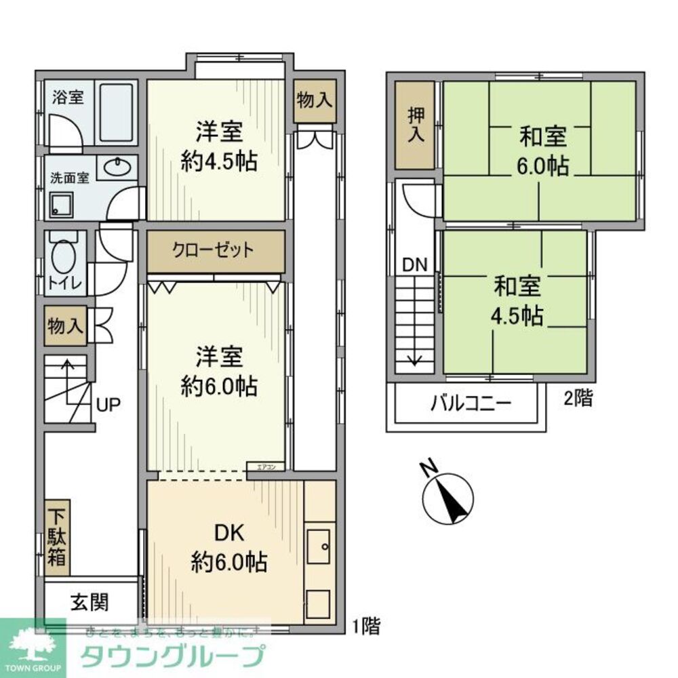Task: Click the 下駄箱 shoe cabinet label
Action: tap(57, 539)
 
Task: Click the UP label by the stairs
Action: tap(108, 405)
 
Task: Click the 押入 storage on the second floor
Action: tap(414, 125)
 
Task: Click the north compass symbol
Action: tap(447, 498)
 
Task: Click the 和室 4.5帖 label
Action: tap(517, 301)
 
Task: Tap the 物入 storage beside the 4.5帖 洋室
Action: tap(315, 100)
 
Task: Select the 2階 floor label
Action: tap(578, 399)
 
